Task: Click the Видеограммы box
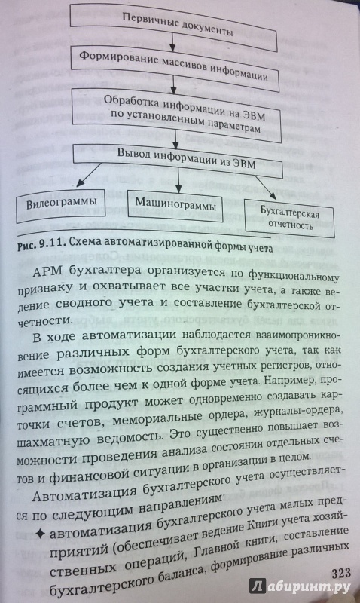pos(61,205)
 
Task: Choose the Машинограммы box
pos(175,204)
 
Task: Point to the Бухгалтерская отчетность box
pos(289,218)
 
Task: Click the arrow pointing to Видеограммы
pos(89,176)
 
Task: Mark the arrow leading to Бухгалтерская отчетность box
pos(272,188)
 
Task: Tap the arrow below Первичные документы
pos(172,41)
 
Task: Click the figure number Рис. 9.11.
pos(42,246)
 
